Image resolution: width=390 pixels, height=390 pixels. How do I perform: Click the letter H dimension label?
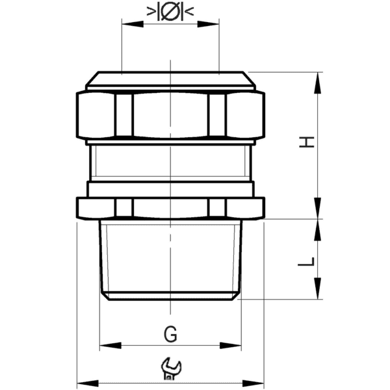coord(310,142)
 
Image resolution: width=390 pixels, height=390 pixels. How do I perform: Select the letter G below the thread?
coord(170,334)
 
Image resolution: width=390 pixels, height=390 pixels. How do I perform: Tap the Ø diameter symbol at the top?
coord(170,12)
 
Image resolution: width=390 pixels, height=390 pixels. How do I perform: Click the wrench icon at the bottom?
coord(170,369)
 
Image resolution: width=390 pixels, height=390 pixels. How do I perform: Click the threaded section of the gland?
coord(170,260)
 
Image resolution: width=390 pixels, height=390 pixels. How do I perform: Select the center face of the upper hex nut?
coord(170,115)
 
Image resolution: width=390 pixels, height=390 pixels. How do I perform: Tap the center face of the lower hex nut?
coord(170,208)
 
